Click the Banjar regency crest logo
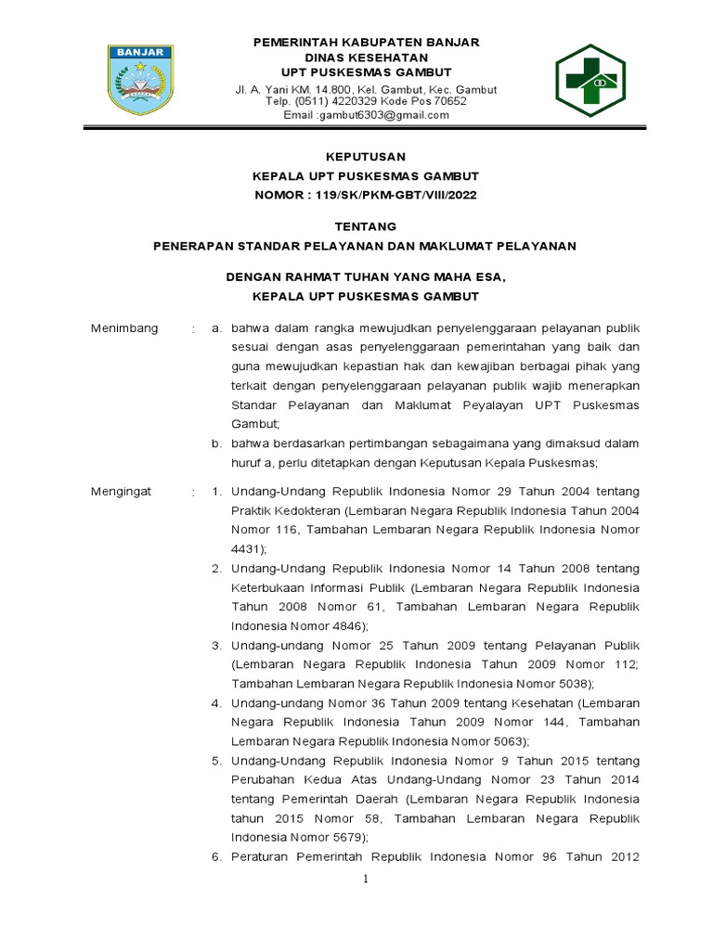(x=138, y=80)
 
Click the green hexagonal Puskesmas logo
(x=597, y=80)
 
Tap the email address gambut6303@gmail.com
(x=384, y=115)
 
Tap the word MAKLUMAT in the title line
(x=472, y=245)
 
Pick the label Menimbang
(x=123, y=328)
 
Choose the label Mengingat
(x=121, y=491)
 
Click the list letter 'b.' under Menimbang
(x=215, y=444)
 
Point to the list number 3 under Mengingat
(x=215, y=645)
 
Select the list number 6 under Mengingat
(x=215, y=856)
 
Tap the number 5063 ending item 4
(x=505, y=741)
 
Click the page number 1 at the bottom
(x=366, y=879)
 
